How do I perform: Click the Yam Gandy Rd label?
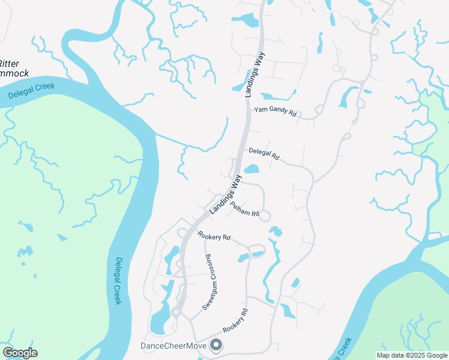click(x=276, y=111)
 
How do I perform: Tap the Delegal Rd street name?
click(x=264, y=154)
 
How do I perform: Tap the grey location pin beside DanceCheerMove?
click(x=216, y=345)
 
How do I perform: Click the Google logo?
click(x=20, y=353)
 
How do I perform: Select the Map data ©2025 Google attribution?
click(x=411, y=355)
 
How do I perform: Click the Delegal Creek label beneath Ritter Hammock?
click(x=32, y=91)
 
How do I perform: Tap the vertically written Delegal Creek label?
click(x=118, y=281)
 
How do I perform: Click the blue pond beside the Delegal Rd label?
click(x=251, y=169)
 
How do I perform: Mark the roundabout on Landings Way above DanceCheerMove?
click(x=176, y=312)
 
